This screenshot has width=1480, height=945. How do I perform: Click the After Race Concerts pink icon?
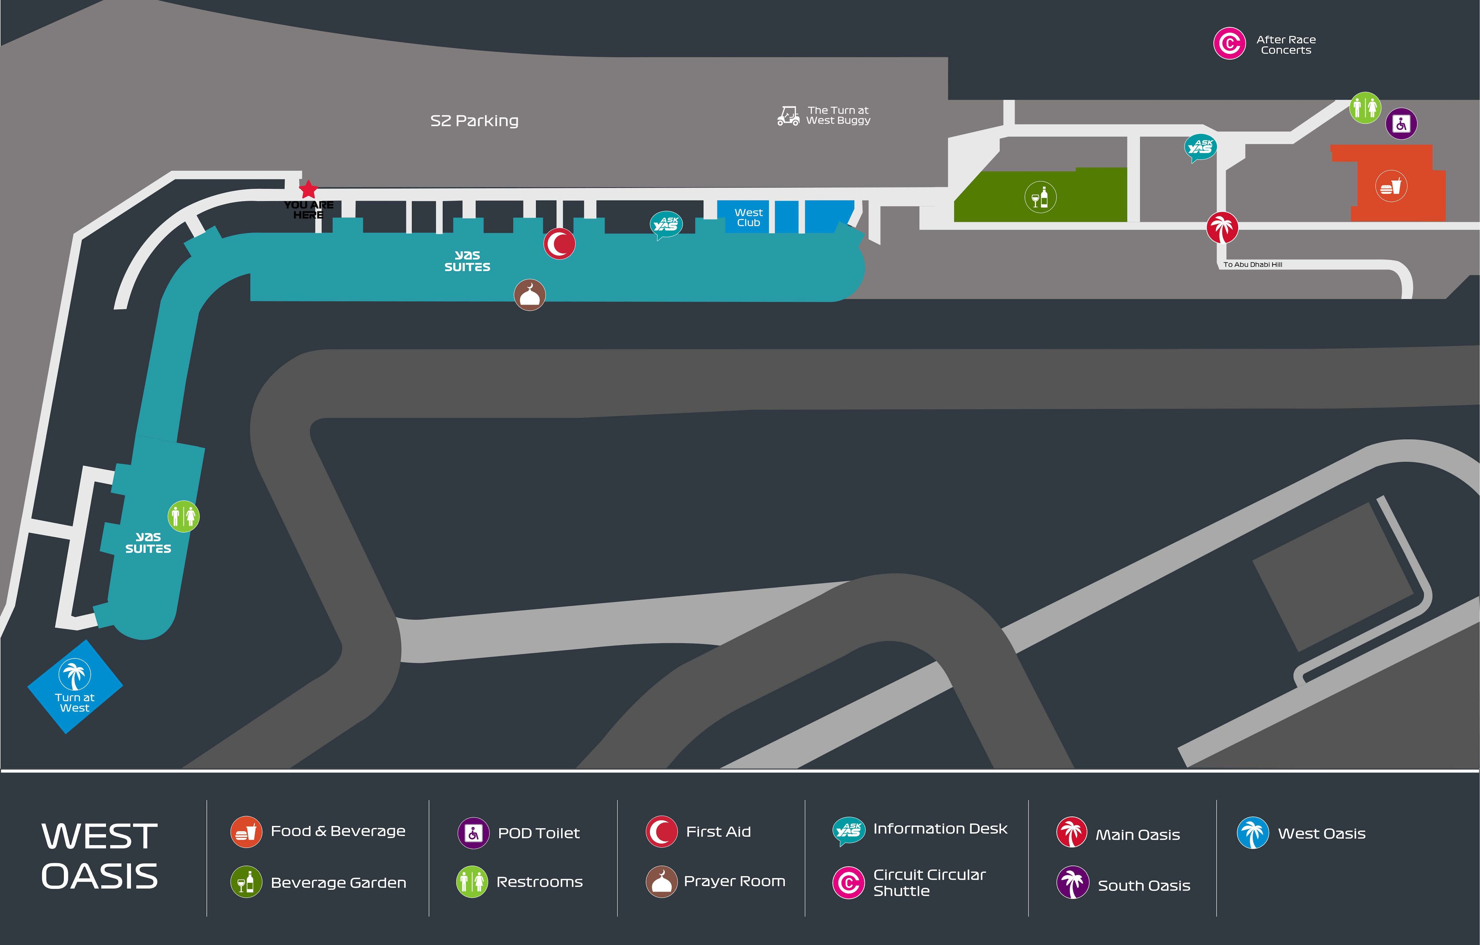coord(1229,44)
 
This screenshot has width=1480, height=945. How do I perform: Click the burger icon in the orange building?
coord(1391,186)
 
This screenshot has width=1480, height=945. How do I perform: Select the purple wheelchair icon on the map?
coord(1401,123)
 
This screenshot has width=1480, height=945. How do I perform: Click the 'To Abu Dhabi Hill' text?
coord(1253,264)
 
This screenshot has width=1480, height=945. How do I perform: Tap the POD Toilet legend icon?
coord(473,833)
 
